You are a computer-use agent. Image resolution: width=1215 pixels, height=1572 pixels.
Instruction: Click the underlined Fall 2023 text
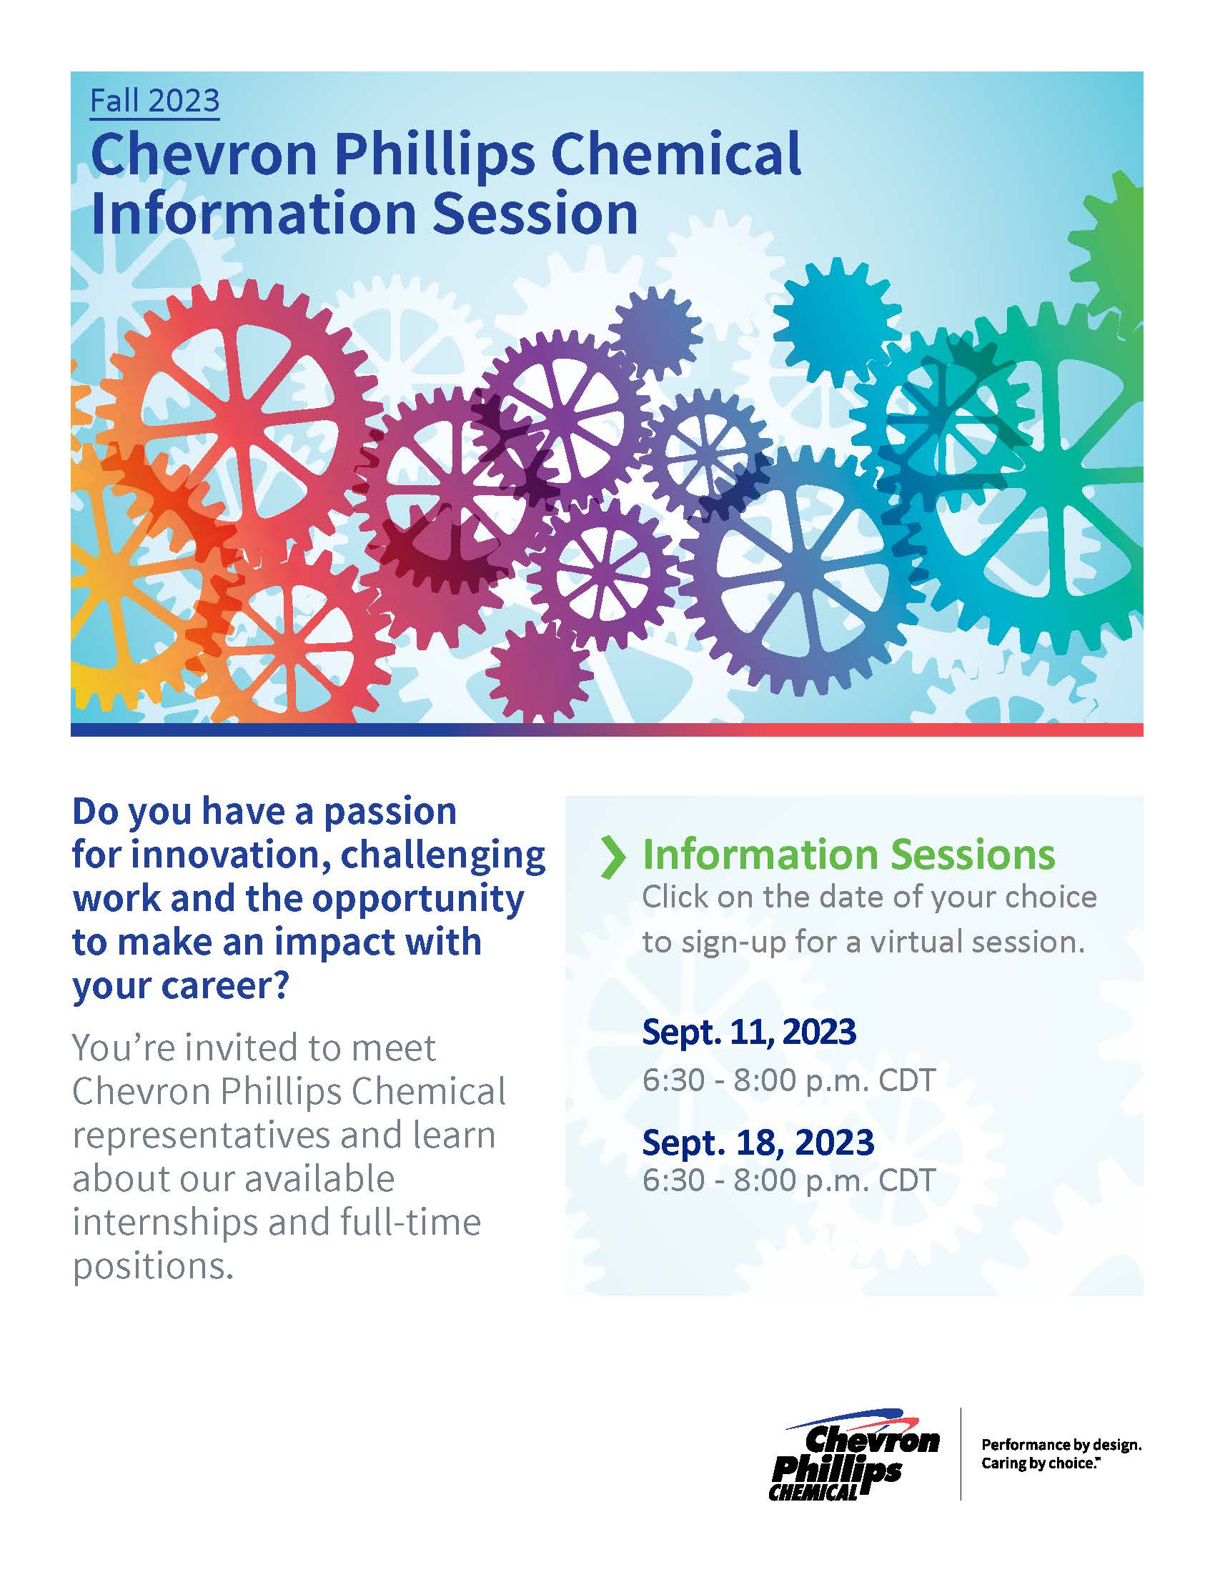click(155, 101)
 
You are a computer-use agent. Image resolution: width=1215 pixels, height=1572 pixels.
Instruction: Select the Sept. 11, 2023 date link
click(748, 1031)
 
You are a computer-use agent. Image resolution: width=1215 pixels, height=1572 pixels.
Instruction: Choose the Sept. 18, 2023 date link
click(757, 1142)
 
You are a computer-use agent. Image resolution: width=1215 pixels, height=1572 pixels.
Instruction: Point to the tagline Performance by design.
click(1061, 1445)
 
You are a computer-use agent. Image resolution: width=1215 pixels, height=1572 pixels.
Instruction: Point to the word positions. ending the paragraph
click(154, 1265)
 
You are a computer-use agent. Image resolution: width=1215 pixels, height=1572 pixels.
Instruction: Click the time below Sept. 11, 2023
click(788, 1080)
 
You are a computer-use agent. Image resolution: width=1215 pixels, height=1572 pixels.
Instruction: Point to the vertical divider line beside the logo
click(961, 1454)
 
